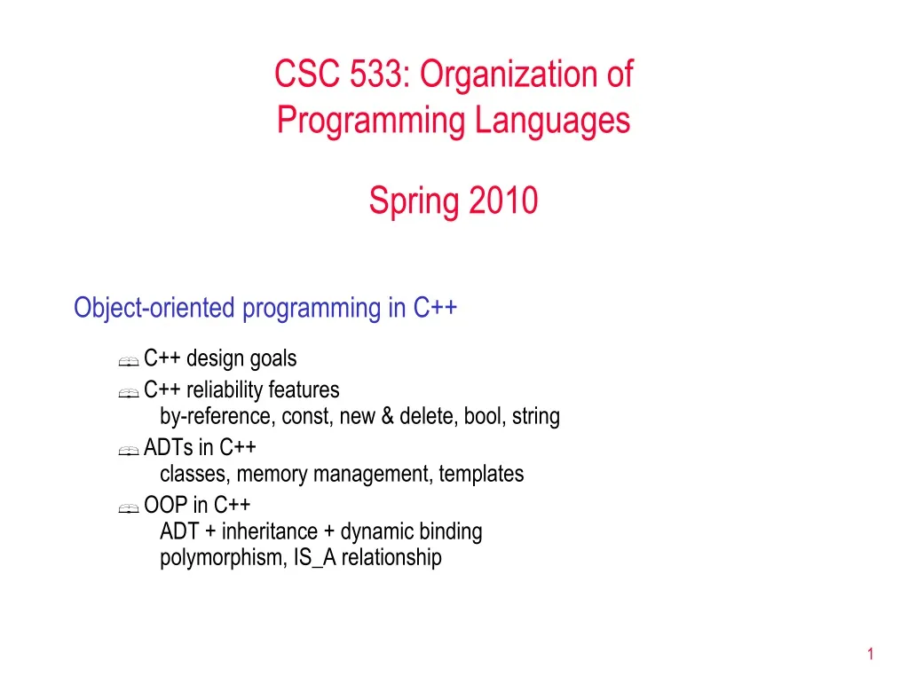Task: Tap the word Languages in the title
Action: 552,120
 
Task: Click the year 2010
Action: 503,201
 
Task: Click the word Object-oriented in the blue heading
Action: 154,308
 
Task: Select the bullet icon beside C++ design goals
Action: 128,361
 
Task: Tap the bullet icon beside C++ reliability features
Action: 128,392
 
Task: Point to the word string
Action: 536,416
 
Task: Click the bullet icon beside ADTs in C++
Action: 128,450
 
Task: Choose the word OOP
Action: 165,505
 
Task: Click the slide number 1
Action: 871,655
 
